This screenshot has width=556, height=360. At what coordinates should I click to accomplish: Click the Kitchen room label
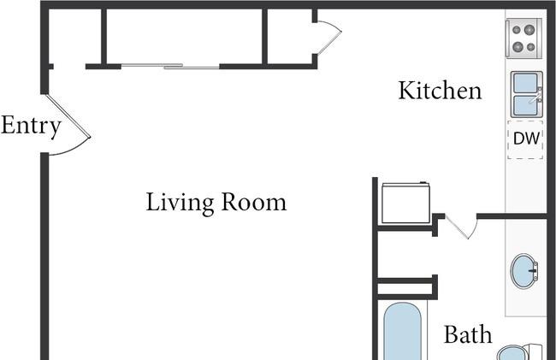pyautogui.click(x=440, y=91)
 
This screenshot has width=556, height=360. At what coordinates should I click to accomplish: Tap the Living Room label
pyautogui.click(x=216, y=203)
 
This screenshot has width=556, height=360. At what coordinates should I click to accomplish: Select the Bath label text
pyautogui.click(x=468, y=334)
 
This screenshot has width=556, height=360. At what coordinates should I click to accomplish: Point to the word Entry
pyautogui.click(x=31, y=127)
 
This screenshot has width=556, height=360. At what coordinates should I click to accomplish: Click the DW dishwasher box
pyautogui.click(x=525, y=139)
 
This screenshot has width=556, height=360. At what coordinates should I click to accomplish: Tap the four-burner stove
pyautogui.click(x=523, y=38)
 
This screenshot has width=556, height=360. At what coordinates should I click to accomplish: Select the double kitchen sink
pyautogui.click(x=527, y=94)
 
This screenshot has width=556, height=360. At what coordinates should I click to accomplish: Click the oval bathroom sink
pyautogui.click(x=524, y=271)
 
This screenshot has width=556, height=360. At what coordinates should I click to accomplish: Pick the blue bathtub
pyautogui.click(x=403, y=331)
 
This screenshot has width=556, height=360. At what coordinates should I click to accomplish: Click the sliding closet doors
pyautogui.click(x=170, y=66)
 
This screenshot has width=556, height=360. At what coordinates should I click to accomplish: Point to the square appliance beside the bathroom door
pyautogui.click(x=405, y=203)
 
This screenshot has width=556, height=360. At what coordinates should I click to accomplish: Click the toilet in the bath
pyautogui.click(x=519, y=352)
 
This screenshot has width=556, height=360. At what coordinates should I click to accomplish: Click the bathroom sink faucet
pyautogui.click(x=533, y=271)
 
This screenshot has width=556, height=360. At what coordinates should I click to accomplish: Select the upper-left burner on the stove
pyautogui.click(x=517, y=30)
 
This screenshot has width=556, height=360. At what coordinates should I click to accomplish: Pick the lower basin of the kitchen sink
pyautogui.click(x=525, y=105)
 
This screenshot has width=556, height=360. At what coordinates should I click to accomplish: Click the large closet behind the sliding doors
pyautogui.click(x=185, y=37)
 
